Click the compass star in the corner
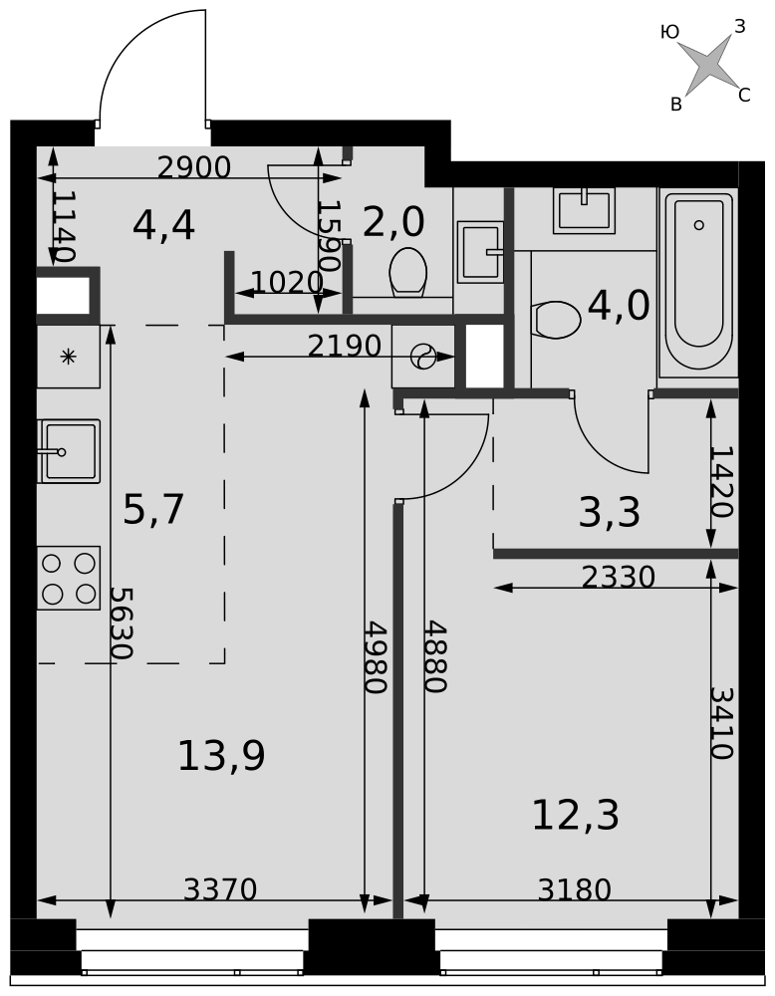click(x=707, y=66)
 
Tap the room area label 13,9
click(x=221, y=756)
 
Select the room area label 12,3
click(x=575, y=816)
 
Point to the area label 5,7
click(x=153, y=510)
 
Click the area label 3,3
click(x=609, y=513)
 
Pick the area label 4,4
click(x=163, y=226)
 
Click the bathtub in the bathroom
click(x=698, y=282)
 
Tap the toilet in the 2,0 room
click(x=407, y=272)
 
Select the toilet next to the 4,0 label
click(x=557, y=320)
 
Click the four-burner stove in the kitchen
click(x=69, y=578)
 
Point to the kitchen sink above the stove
click(x=70, y=451)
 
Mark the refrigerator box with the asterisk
click(x=68, y=356)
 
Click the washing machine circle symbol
click(x=423, y=356)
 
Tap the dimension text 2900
click(x=193, y=168)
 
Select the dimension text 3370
click(x=219, y=889)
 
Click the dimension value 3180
click(x=574, y=890)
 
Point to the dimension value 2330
click(x=618, y=578)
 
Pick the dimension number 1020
click(x=287, y=283)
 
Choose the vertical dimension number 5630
click(x=120, y=622)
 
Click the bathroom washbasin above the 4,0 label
click(x=584, y=210)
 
